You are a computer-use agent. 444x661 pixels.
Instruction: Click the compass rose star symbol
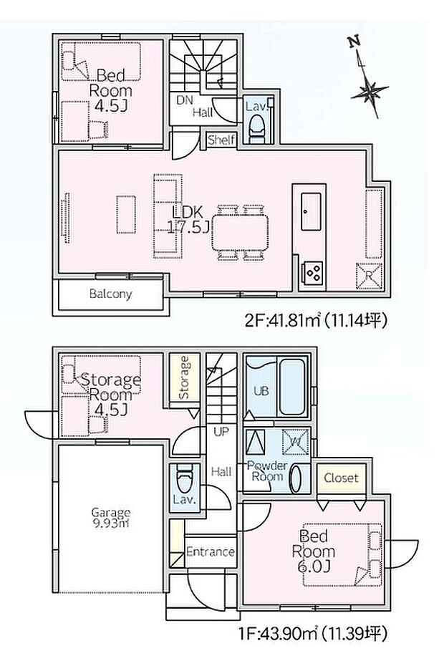click(x=369, y=90)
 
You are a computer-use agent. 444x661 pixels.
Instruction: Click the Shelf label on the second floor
click(x=221, y=140)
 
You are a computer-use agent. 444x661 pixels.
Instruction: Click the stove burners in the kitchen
click(x=313, y=272)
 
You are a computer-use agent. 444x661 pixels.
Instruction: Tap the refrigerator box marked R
click(x=369, y=276)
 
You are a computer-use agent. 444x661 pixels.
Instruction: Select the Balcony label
click(x=110, y=294)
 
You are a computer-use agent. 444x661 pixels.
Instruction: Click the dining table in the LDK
click(x=240, y=232)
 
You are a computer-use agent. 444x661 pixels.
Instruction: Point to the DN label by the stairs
click(x=184, y=100)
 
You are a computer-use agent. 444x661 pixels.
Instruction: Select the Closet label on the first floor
click(x=341, y=478)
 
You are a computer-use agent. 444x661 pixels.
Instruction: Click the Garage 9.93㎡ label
click(x=111, y=518)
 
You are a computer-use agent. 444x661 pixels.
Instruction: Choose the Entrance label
click(x=211, y=552)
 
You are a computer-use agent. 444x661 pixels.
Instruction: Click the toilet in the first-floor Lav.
click(x=185, y=479)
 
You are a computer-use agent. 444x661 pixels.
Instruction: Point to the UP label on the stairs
click(x=221, y=432)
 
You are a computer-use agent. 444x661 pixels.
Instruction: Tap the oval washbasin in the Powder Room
click(x=296, y=478)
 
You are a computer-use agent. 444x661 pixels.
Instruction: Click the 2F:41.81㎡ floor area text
click(x=316, y=322)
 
